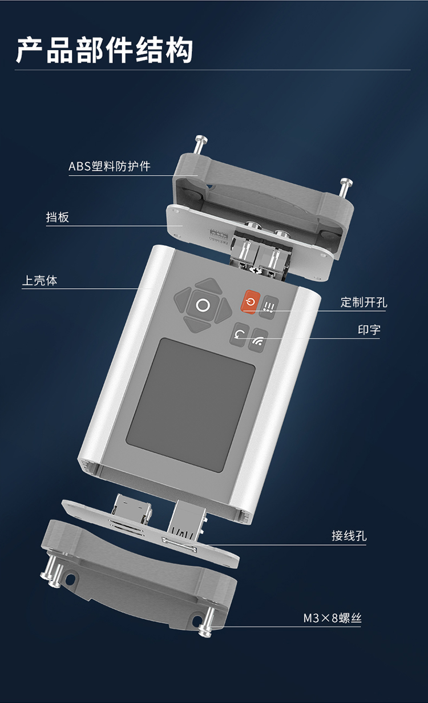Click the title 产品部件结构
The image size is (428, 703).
[x=104, y=51]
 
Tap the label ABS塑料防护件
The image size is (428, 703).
[x=110, y=167]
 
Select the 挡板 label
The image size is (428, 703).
[x=58, y=217]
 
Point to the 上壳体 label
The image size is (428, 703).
[x=40, y=280]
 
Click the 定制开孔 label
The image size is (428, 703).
[x=364, y=302]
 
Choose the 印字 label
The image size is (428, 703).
[x=369, y=330]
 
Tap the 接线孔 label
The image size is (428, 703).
[x=349, y=536]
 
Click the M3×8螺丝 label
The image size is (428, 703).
[x=332, y=618]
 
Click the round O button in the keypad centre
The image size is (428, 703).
[x=203, y=305]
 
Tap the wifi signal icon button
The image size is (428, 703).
[x=259, y=341]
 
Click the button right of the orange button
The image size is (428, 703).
[x=269, y=308]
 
